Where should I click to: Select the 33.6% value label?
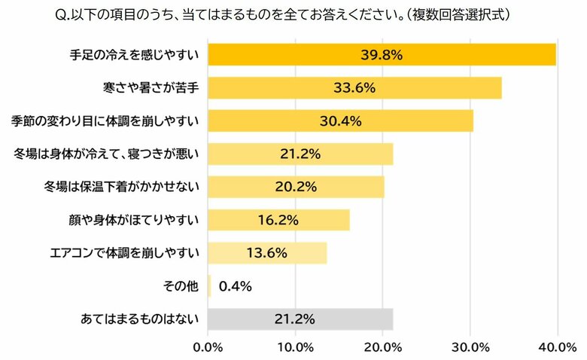pyautogui.click(x=354, y=88)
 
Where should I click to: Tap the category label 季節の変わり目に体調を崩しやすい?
pyautogui.click(x=105, y=121)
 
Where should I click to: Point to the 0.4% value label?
pyautogui.click(x=235, y=286)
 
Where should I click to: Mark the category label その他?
pyautogui.click(x=181, y=286)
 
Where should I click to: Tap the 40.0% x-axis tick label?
pyautogui.click(x=557, y=347)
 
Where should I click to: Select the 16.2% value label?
pyautogui.click(x=278, y=220)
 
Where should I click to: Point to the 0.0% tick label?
pyautogui.click(x=208, y=347)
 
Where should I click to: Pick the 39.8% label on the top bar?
pyautogui.click(x=382, y=55)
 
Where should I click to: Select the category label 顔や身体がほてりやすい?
pyautogui.click(x=133, y=220)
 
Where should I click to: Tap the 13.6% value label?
pyautogui.click(x=266, y=253)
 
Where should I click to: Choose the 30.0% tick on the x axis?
pyautogui.click(x=470, y=347)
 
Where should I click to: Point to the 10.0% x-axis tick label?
pyautogui.click(x=296, y=347)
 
